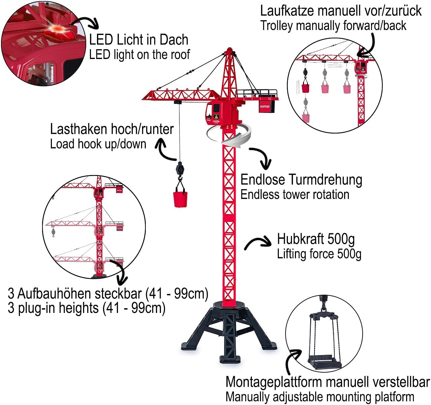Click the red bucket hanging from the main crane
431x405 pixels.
coord(180,199)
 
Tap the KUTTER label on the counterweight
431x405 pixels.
coord(265,107)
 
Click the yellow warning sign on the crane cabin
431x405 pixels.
coord(216,116)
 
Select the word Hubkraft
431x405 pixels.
coord(301,239)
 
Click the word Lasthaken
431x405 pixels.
coord(79,129)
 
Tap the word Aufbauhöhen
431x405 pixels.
coord(80,293)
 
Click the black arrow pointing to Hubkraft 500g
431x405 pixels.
coord(258,242)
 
